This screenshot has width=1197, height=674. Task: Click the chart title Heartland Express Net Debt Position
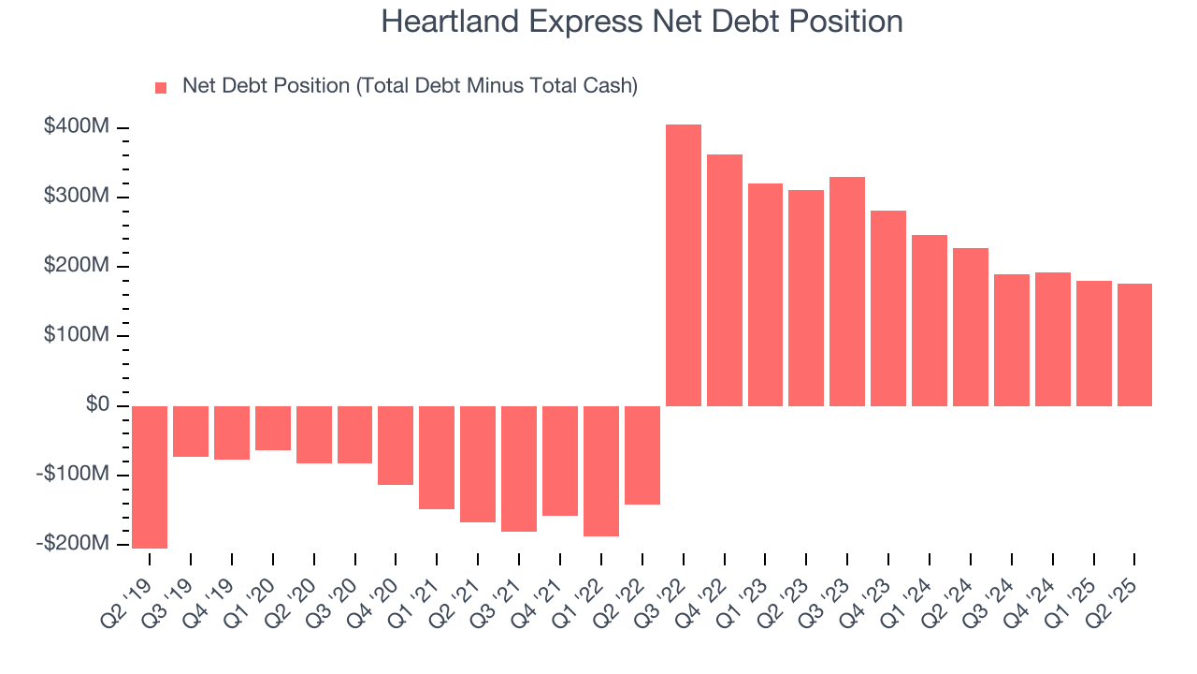click(x=642, y=22)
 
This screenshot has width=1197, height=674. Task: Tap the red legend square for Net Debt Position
click(x=161, y=87)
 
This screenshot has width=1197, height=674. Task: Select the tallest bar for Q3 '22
click(x=683, y=265)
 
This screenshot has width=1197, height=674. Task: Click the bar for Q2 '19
click(x=150, y=476)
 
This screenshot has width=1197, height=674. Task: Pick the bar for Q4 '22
click(x=724, y=280)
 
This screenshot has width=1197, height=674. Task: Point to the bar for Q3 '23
click(x=847, y=291)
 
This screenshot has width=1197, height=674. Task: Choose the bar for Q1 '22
click(x=601, y=471)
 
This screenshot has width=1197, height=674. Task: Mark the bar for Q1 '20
click(x=273, y=428)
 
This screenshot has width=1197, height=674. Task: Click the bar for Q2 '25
click(x=1134, y=344)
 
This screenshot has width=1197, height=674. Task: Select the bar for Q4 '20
click(x=396, y=445)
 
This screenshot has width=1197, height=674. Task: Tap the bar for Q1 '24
click(x=930, y=320)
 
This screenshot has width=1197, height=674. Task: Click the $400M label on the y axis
click(x=77, y=126)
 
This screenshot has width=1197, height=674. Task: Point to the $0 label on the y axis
click(x=97, y=404)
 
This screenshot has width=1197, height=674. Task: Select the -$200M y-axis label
click(x=73, y=544)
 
